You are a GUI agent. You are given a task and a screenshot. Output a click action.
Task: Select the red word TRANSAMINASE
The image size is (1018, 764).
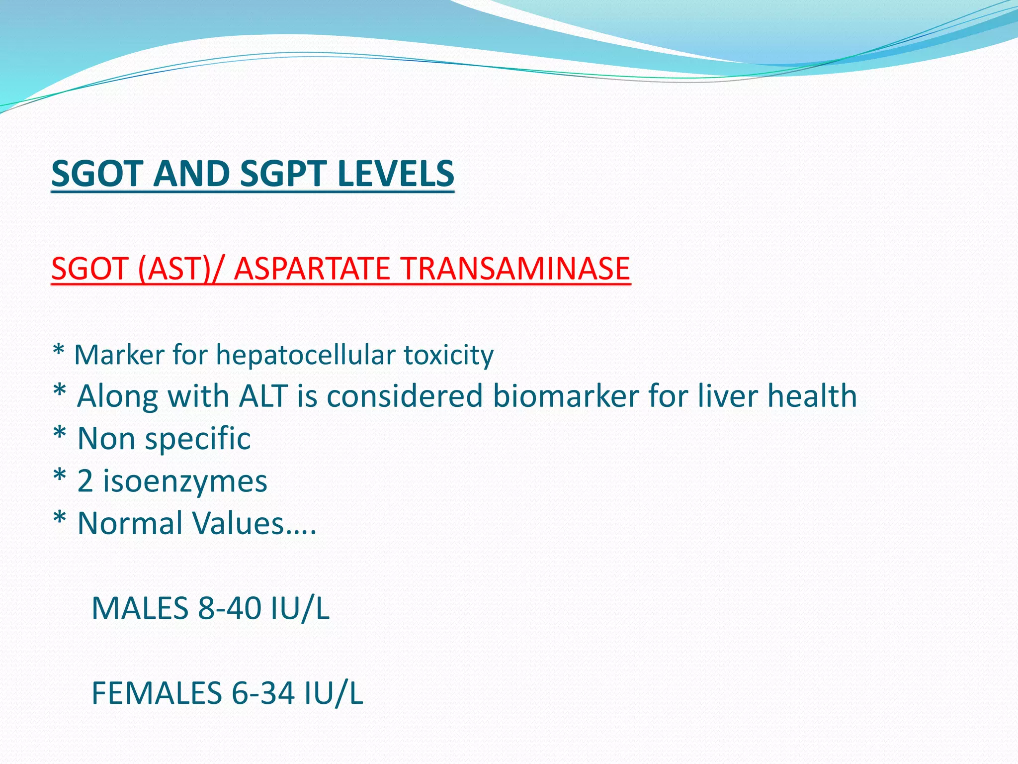(515, 269)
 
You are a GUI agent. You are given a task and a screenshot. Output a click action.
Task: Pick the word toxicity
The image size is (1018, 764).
(448, 355)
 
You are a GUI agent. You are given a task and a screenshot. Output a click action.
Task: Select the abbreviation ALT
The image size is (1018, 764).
(263, 396)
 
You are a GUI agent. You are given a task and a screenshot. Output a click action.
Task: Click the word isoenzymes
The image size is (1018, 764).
(185, 481)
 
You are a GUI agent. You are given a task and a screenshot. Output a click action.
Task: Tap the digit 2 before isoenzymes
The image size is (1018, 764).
(85, 481)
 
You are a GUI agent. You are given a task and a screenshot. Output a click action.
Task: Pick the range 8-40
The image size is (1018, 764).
(229, 608)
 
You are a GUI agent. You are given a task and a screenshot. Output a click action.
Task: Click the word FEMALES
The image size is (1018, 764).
(157, 693)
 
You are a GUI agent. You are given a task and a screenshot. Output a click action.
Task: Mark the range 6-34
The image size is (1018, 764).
(263, 693)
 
